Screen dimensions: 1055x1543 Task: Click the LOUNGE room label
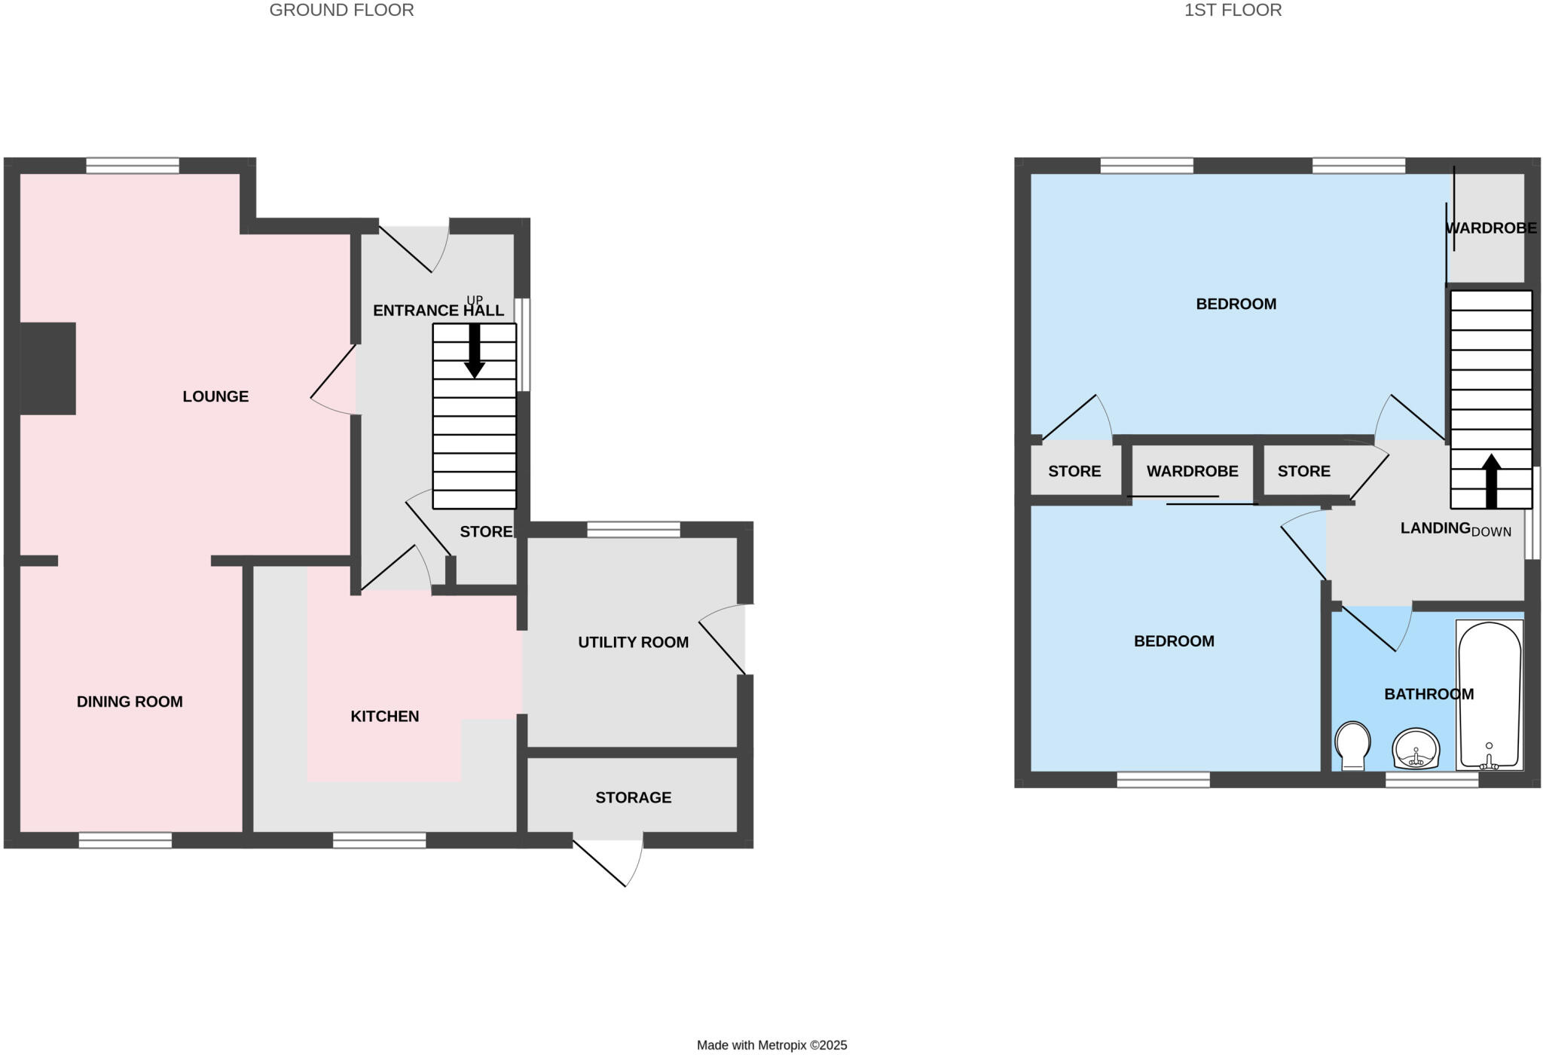[x=215, y=396]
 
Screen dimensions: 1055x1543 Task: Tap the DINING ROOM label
[x=130, y=702]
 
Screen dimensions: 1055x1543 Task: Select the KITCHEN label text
[x=384, y=716]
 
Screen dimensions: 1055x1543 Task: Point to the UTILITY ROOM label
[x=633, y=642]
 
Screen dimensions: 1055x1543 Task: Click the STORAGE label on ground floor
[x=633, y=797]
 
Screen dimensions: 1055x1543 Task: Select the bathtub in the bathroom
[x=1490, y=693]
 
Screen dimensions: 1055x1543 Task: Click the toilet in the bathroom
[x=1352, y=745]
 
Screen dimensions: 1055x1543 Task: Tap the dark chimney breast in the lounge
[x=47, y=368]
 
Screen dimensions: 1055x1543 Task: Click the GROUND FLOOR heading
[x=341, y=11]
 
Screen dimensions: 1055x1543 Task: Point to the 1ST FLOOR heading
[x=1233, y=11]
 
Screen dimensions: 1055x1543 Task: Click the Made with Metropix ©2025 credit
[x=771, y=1045]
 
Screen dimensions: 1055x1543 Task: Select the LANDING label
[x=1435, y=528]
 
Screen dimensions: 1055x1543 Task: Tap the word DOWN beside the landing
[x=1491, y=532]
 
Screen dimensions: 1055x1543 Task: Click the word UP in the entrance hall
[x=474, y=300]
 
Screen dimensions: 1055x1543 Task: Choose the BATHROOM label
[x=1428, y=694]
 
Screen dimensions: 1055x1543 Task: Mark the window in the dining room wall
[x=125, y=840]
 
